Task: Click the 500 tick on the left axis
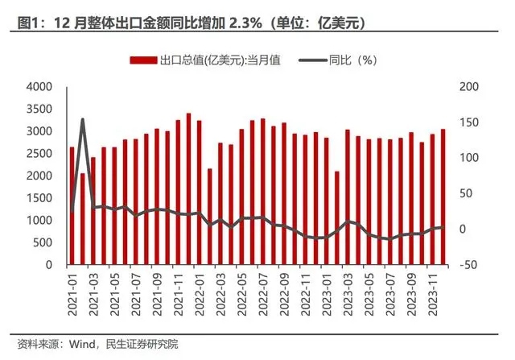[43, 242]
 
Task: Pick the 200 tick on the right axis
[468, 87]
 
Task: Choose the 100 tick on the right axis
[468, 158]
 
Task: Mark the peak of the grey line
[82, 120]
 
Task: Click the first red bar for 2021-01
[72, 205]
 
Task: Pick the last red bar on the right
[443, 197]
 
